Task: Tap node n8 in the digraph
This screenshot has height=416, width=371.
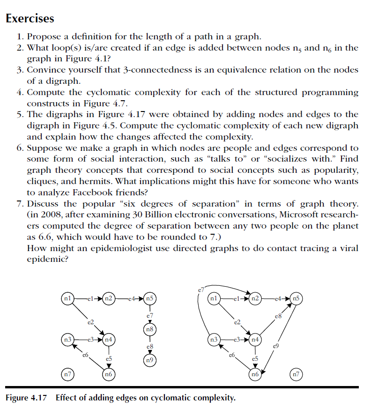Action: [x=149, y=329]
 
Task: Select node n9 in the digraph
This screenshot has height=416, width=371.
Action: [x=149, y=360]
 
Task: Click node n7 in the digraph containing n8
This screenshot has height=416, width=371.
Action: [x=68, y=374]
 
